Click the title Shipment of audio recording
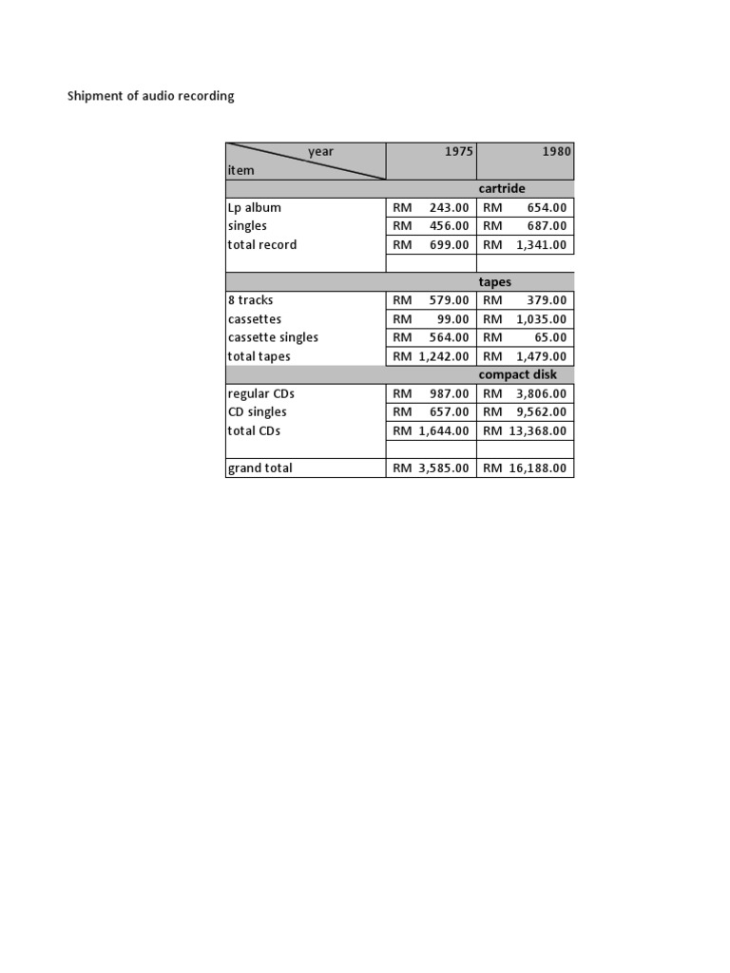(x=150, y=97)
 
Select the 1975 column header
(x=458, y=152)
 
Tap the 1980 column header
(x=558, y=152)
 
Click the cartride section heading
(x=502, y=189)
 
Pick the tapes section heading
(x=495, y=282)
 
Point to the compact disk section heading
(x=518, y=375)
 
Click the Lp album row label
(x=254, y=208)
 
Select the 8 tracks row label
(x=250, y=300)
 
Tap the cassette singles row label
(x=273, y=337)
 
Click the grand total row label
(x=259, y=467)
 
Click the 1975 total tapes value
(x=431, y=356)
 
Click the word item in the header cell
(x=240, y=170)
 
